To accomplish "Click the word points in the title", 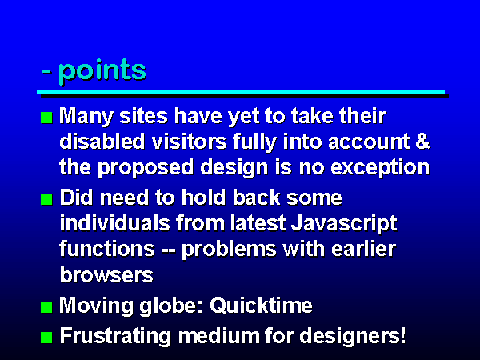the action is coord(102,70).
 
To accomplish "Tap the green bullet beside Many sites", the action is coord(46,118).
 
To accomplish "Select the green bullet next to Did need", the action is coord(46,199).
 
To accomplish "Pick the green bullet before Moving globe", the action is coord(46,306).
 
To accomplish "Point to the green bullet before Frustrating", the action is coord(46,338).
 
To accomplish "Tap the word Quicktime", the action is coord(261,306).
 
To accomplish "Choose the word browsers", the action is coord(106,275).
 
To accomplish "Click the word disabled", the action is coord(102,141).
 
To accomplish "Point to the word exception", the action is coord(380,168).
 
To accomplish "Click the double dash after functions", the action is coord(168,250).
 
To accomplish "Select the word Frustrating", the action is coord(115,336).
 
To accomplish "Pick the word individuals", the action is coord(114,223).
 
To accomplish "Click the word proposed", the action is coord(146,168).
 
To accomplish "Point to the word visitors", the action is coord(189,141).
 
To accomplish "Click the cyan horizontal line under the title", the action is coord(241,93).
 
